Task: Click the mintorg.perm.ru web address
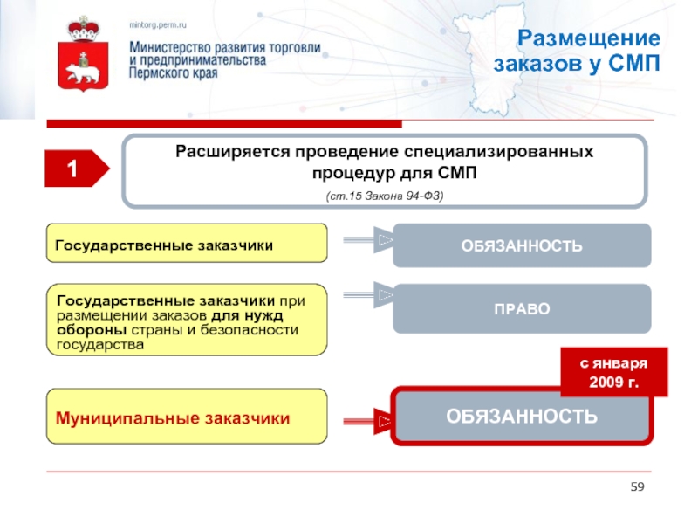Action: click(159, 26)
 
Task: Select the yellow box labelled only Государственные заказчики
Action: click(187, 244)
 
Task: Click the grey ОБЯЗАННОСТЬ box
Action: click(522, 245)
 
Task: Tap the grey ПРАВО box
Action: click(522, 308)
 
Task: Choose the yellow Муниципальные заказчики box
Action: click(187, 418)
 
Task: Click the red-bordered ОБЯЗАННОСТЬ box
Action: click(522, 417)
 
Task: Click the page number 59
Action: click(637, 486)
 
